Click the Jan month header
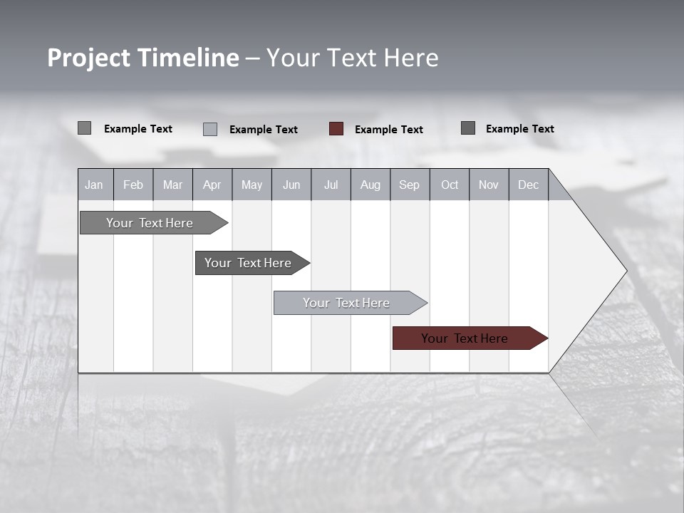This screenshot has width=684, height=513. point(94,185)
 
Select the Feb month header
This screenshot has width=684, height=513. point(133,185)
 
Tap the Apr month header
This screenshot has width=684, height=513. point(212,185)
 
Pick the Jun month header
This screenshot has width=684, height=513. point(291,185)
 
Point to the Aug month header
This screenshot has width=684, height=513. point(370,185)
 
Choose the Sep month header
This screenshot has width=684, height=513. point(409,185)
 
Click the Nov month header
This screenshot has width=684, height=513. point(489,185)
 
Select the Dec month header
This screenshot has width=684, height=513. point(529,185)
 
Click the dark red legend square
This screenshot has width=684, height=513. point(336,129)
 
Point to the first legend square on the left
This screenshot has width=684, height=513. point(84,128)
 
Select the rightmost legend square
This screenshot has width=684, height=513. point(468,128)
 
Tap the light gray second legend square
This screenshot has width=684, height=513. point(210,129)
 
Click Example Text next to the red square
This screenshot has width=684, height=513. point(388,130)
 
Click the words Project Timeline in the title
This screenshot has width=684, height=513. point(142,58)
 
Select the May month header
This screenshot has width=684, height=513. point(252,185)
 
